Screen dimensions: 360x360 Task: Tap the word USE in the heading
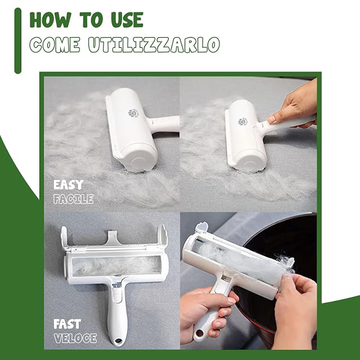coord(127,20)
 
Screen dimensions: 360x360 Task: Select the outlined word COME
coord(55,44)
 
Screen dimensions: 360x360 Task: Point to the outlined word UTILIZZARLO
coord(154,44)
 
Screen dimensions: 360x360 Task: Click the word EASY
coord(68,185)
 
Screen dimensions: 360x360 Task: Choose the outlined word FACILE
coord(74,199)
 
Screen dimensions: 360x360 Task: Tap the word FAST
coord(67,324)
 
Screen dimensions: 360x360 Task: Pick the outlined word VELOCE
coord(75,338)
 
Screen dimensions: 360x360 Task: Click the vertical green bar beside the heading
coord(17,41)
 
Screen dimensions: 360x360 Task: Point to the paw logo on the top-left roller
coord(132,113)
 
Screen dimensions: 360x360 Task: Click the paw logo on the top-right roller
coord(242,121)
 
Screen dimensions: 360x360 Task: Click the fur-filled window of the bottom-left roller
coord(116,266)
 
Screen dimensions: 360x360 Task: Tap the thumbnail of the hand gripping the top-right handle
coord(272,119)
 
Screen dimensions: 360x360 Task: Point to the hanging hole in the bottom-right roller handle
coord(199,332)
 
